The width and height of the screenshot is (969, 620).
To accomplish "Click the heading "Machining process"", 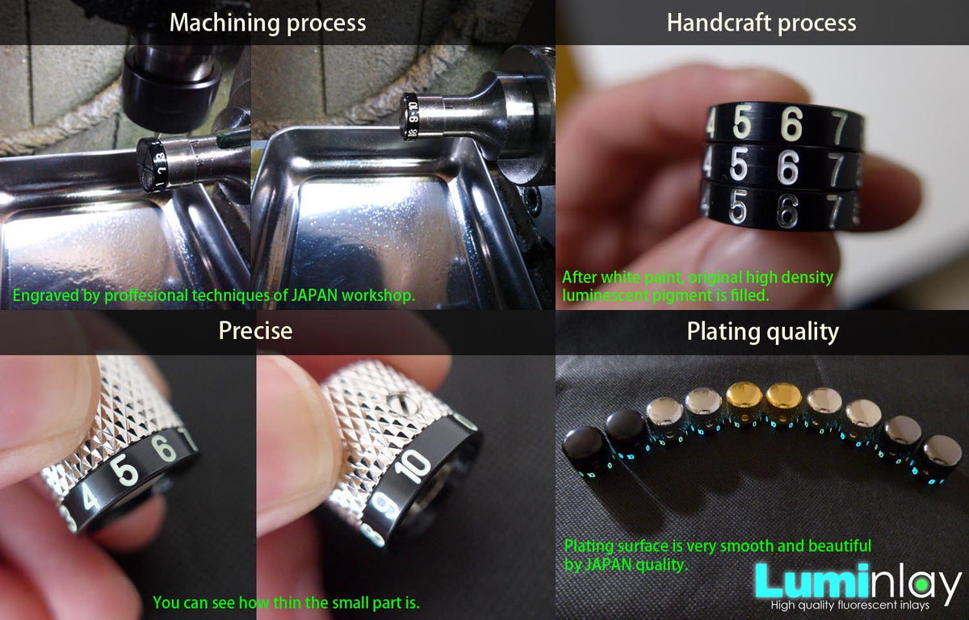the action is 268,23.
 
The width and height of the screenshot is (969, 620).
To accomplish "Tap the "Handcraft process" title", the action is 761,23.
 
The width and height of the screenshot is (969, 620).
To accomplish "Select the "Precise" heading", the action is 256,331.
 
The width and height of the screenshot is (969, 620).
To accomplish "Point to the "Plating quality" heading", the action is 763,332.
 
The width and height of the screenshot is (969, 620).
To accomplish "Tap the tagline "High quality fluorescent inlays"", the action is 849,605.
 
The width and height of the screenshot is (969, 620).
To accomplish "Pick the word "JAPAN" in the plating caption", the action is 610,564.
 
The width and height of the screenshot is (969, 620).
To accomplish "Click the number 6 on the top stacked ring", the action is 791,125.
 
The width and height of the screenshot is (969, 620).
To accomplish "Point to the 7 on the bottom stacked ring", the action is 833,212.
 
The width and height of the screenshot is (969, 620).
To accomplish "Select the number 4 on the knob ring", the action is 90,498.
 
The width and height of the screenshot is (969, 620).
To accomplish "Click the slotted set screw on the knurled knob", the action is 401,400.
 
